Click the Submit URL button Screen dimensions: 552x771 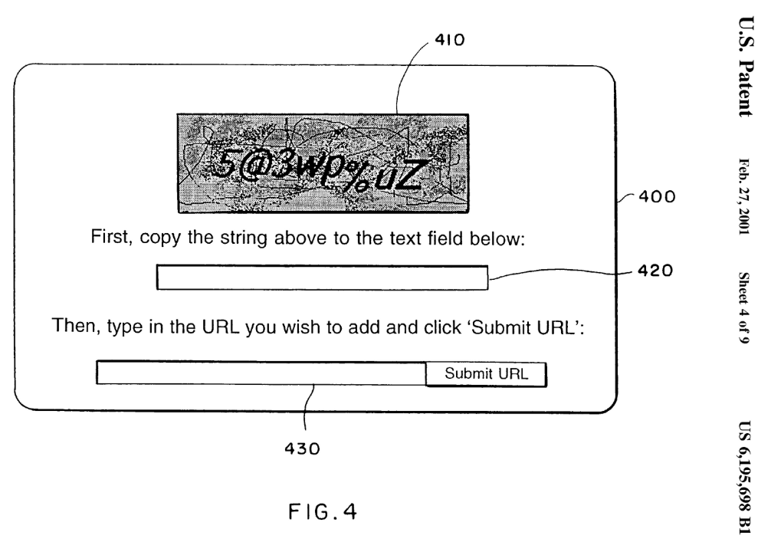coord(486,375)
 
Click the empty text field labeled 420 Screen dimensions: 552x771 coord(322,278)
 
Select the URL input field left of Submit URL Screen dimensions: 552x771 coord(261,373)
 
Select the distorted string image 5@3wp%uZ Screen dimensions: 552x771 coord(323,163)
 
